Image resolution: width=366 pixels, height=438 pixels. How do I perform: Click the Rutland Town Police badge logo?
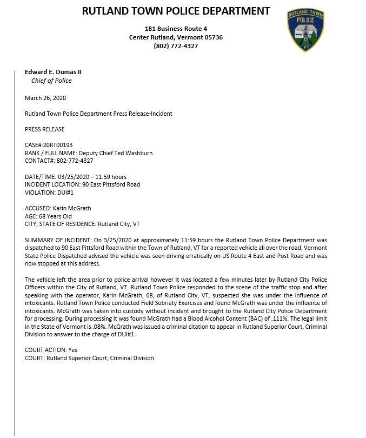(x=306, y=30)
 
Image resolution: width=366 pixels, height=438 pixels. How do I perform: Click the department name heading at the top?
(x=176, y=11)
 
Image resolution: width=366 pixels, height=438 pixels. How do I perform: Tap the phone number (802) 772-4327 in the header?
(x=176, y=46)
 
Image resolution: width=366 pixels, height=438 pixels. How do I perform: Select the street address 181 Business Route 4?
(x=176, y=28)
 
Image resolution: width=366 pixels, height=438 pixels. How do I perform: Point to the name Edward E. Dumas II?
(x=53, y=72)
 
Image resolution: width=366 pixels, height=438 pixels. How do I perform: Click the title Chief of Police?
(x=51, y=81)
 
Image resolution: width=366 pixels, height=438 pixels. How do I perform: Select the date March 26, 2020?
(x=45, y=98)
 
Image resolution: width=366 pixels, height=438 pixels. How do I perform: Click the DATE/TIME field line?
(x=76, y=177)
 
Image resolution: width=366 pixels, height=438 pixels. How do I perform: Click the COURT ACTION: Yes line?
(x=51, y=350)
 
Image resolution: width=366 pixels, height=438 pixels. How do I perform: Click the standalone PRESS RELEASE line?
(x=45, y=129)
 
